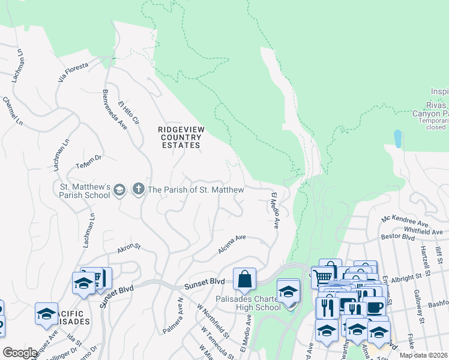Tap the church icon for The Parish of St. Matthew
(138, 190)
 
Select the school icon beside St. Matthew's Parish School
(119, 190)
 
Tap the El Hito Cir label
(128, 112)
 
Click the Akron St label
(128, 247)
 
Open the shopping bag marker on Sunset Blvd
(244, 279)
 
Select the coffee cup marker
(375, 307)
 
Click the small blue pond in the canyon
(397, 139)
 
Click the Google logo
(20, 353)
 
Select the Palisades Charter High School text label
(247, 303)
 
